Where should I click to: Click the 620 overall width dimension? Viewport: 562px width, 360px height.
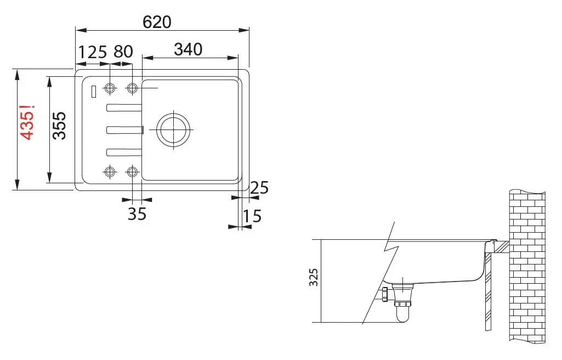(x=157, y=22)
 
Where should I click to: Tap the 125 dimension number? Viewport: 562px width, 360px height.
(x=93, y=52)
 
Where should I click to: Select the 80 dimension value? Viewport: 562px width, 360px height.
(x=123, y=52)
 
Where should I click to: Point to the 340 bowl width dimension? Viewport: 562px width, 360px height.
(x=188, y=49)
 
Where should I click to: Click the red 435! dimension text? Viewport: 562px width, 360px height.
(x=27, y=122)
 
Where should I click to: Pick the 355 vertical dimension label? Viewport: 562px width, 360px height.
(x=60, y=126)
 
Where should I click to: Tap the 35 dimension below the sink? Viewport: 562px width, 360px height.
(x=137, y=214)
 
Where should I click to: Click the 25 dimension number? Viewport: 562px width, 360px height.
(x=259, y=188)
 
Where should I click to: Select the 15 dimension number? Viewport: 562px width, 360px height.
(x=252, y=216)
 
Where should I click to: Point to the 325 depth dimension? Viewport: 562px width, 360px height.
(x=314, y=277)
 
